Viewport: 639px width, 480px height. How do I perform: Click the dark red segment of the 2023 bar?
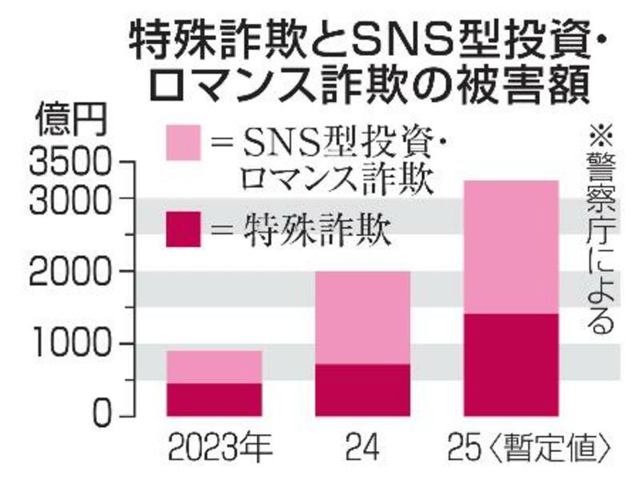pos(214,399)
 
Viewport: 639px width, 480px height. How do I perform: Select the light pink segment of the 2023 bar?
pos(214,366)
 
